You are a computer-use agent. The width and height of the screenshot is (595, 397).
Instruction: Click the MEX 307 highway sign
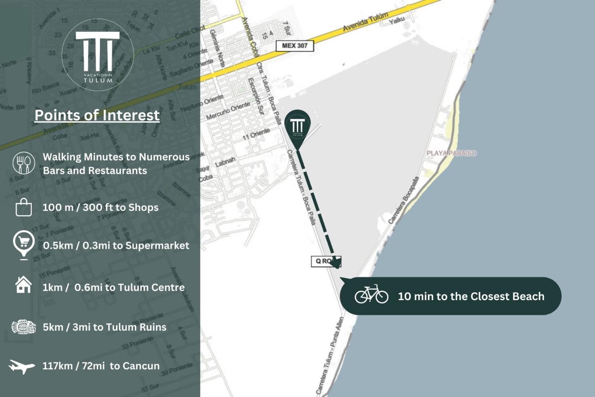294,46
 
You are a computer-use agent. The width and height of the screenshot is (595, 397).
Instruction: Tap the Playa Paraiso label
451,153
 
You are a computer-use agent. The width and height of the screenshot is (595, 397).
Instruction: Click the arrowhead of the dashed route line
336,263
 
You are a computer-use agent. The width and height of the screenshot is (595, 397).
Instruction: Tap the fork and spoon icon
24,163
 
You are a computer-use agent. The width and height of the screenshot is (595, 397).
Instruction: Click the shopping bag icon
24,207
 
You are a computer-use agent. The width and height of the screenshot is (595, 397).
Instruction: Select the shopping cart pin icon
24,243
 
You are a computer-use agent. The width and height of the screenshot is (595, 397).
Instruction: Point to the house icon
23,285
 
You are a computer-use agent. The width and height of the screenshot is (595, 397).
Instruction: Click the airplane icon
22,366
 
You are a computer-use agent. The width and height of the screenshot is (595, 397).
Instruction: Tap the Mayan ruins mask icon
24,327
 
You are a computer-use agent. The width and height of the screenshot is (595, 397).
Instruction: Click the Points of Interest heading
97,115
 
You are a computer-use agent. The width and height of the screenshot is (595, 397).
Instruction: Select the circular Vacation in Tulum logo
98,55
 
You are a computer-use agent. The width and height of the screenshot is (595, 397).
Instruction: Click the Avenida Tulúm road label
366,21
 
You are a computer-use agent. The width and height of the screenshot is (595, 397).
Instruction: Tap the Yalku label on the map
397,20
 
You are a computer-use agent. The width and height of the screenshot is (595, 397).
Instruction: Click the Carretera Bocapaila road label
404,200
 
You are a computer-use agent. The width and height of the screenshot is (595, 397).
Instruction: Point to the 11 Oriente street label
256,134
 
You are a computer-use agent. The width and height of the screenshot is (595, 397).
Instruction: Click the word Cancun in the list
141,366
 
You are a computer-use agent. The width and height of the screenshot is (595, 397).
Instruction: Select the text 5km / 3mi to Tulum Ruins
104,327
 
